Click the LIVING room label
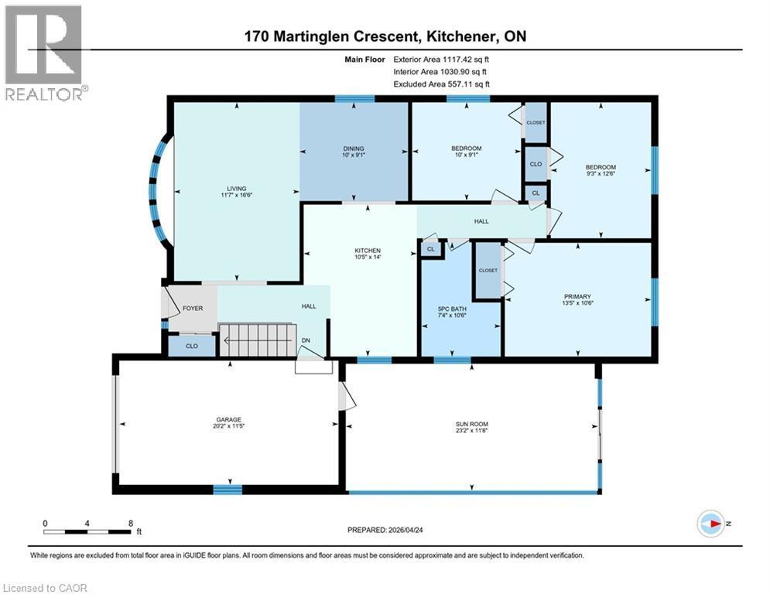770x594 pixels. pos(236,189)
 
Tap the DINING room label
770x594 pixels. pos(354,148)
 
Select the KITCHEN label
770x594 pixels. pos(367,251)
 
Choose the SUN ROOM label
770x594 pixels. pos(472,424)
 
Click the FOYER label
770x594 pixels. pos(193,308)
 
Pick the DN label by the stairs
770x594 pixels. pos(306,340)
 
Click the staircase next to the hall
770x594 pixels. pos(258,340)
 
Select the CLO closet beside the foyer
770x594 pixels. pos(190,346)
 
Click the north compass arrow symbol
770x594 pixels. pos(710,524)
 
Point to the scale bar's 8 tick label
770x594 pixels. pos(130,523)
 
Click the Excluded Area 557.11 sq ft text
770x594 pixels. pos(442,84)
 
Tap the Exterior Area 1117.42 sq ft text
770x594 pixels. pos(442,59)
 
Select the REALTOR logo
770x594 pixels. pos(44,53)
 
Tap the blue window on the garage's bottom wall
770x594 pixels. pos(228,489)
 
